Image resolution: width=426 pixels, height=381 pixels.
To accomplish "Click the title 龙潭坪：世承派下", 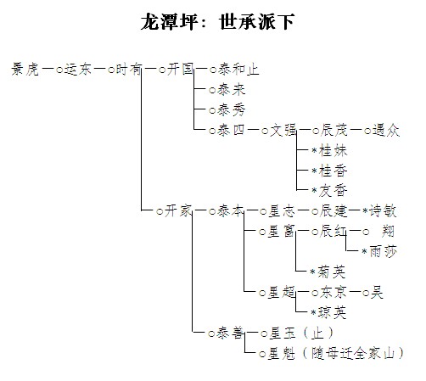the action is coord(218,22).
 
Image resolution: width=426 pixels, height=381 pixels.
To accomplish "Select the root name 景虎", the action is coord(25,70).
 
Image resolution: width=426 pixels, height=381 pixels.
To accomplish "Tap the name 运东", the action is coord(78,70).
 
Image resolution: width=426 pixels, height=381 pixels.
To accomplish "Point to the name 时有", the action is coord(129,70).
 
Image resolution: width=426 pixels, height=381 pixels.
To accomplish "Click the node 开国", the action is coord(180,70).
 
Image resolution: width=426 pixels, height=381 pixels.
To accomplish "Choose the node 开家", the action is coord(178,211).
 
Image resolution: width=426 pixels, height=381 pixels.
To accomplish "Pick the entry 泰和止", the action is coord(238,70).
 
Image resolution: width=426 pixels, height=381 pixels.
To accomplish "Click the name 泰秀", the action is coord(231,110).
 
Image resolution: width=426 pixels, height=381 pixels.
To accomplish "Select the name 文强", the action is coord(283,131).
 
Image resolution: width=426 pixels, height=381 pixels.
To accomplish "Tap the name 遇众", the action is coord(386,131).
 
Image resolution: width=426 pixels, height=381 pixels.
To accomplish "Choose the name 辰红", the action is coord(334,232).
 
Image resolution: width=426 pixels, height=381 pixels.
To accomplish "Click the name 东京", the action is coord(334,293).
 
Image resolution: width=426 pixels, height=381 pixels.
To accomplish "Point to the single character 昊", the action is coord(377,293).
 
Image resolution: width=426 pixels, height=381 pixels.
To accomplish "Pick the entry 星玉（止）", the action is coord(300,333).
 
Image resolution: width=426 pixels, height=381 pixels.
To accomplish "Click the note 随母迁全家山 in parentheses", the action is coord(353,354).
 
